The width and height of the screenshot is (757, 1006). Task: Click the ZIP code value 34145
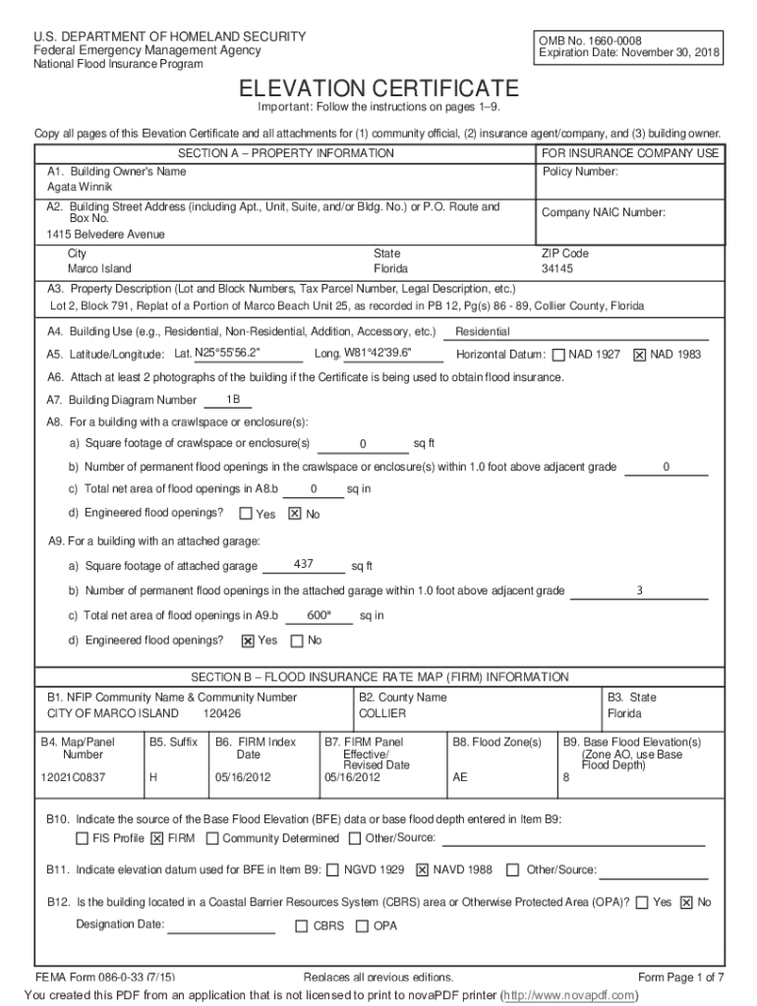click(557, 268)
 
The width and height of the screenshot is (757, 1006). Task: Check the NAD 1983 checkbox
click(640, 355)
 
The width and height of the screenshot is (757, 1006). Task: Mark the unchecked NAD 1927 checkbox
click(558, 355)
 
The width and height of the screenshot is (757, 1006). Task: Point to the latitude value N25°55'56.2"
click(228, 354)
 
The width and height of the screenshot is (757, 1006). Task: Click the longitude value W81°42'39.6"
click(378, 354)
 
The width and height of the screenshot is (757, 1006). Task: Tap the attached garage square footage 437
click(304, 564)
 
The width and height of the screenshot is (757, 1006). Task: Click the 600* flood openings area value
click(320, 616)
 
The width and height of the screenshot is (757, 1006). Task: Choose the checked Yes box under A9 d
click(248, 642)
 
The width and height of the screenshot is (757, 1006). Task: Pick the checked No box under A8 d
click(294, 514)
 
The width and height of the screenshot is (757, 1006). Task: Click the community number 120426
click(222, 713)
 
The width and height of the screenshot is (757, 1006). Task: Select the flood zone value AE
click(460, 777)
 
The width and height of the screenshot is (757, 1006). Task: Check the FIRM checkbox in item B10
click(157, 839)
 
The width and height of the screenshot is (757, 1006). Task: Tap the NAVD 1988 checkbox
click(423, 869)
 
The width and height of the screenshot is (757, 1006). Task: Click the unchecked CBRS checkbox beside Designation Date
click(302, 926)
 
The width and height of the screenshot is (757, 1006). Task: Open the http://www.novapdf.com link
click(581, 995)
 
